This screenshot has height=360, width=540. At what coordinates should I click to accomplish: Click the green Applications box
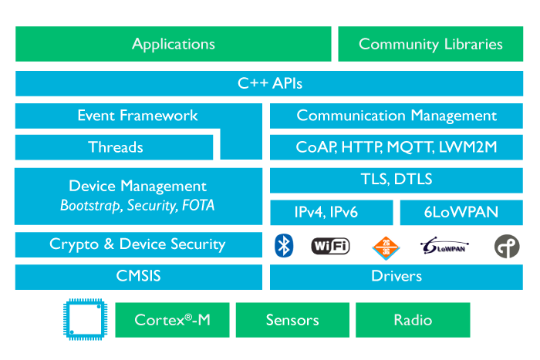point(173,44)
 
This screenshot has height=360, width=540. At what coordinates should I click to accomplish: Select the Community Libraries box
point(430,44)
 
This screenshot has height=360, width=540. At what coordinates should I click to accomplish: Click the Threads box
point(115,146)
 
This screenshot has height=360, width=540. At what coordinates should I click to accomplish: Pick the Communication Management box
point(397,116)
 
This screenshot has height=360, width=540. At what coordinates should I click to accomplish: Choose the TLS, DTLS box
point(397,180)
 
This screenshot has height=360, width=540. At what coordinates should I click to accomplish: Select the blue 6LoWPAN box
point(461,212)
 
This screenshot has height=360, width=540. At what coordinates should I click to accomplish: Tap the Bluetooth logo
point(285,246)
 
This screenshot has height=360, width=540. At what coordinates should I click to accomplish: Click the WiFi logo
point(330,246)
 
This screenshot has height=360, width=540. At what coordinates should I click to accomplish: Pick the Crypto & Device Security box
point(137,244)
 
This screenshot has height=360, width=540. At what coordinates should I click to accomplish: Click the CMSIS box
point(137,276)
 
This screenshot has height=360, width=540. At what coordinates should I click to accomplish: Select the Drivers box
point(397,276)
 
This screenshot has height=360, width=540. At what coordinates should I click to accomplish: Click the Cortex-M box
point(172,320)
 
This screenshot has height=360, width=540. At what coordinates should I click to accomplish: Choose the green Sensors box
point(292,320)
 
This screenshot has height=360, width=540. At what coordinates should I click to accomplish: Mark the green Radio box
point(413,320)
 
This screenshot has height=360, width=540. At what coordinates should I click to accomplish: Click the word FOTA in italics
point(198,206)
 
